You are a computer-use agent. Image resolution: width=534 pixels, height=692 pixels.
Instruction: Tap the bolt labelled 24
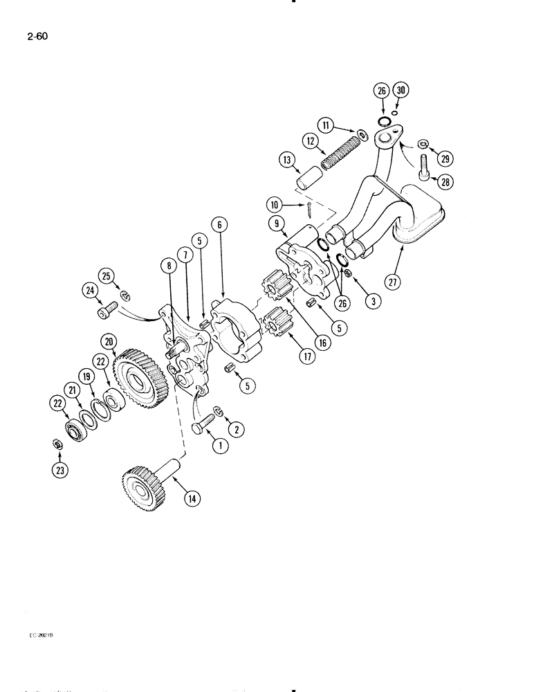106,313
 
